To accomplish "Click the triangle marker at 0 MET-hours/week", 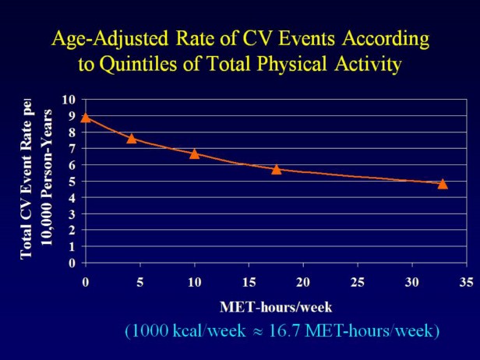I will tap(86, 117).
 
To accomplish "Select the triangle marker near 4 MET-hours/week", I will tap(132, 138).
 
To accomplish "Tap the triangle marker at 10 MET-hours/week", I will tap(195, 154).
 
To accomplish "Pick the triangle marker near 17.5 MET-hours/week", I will tap(276, 168).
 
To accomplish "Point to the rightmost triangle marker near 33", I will tap(443, 183).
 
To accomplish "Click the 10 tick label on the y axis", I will tap(69, 100).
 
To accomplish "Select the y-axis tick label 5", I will tap(72, 182).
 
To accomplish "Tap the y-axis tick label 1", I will tap(72, 247).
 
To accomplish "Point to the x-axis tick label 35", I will tap(467, 281).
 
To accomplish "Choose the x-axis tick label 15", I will tap(249, 281).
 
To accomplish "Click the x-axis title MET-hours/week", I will tap(277, 306).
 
